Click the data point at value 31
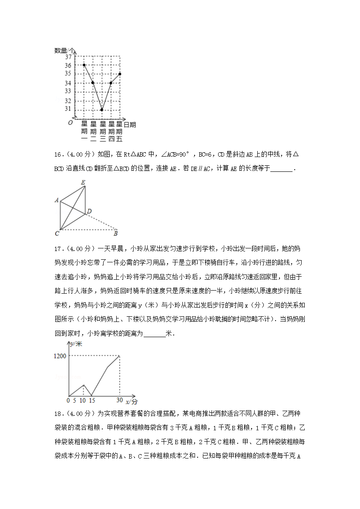101,110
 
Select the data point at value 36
84,65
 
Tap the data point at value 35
120,74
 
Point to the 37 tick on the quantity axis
68,57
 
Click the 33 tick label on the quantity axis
68,91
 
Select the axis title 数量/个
64,50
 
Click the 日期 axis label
130,125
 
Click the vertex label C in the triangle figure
57,234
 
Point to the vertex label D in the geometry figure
89,211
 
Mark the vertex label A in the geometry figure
57,200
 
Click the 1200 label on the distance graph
60,356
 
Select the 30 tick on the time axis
119,400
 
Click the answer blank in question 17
154,334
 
